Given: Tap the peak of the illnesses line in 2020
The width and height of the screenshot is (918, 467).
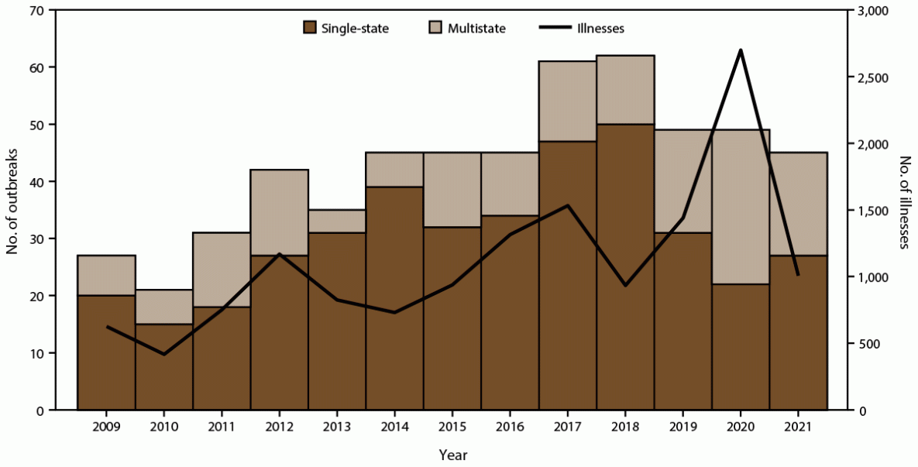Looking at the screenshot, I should [741, 50].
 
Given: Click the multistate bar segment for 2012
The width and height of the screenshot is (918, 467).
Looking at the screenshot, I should [279, 211].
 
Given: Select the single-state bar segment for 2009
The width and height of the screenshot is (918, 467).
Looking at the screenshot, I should [107, 352].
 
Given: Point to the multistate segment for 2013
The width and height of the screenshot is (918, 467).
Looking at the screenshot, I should [337, 221].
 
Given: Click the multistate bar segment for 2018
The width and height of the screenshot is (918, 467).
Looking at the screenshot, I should [626, 90].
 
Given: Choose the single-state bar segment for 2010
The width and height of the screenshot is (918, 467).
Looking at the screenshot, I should [164, 366].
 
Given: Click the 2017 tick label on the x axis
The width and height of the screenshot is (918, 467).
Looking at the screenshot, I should [568, 427].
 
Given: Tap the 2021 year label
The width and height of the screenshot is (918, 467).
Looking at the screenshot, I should [798, 427].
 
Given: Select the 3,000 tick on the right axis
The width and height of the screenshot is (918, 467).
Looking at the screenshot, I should [874, 11].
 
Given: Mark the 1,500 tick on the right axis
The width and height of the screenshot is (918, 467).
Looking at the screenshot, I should [874, 211].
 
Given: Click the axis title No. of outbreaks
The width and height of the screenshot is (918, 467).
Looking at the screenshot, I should [12, 211].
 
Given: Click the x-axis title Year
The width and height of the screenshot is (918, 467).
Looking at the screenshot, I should [452, 454].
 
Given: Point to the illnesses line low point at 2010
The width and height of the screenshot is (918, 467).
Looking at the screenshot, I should [164, 355].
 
